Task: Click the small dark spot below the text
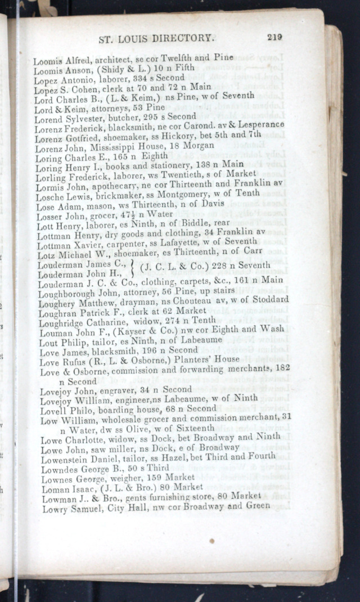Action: pos(211,541)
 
